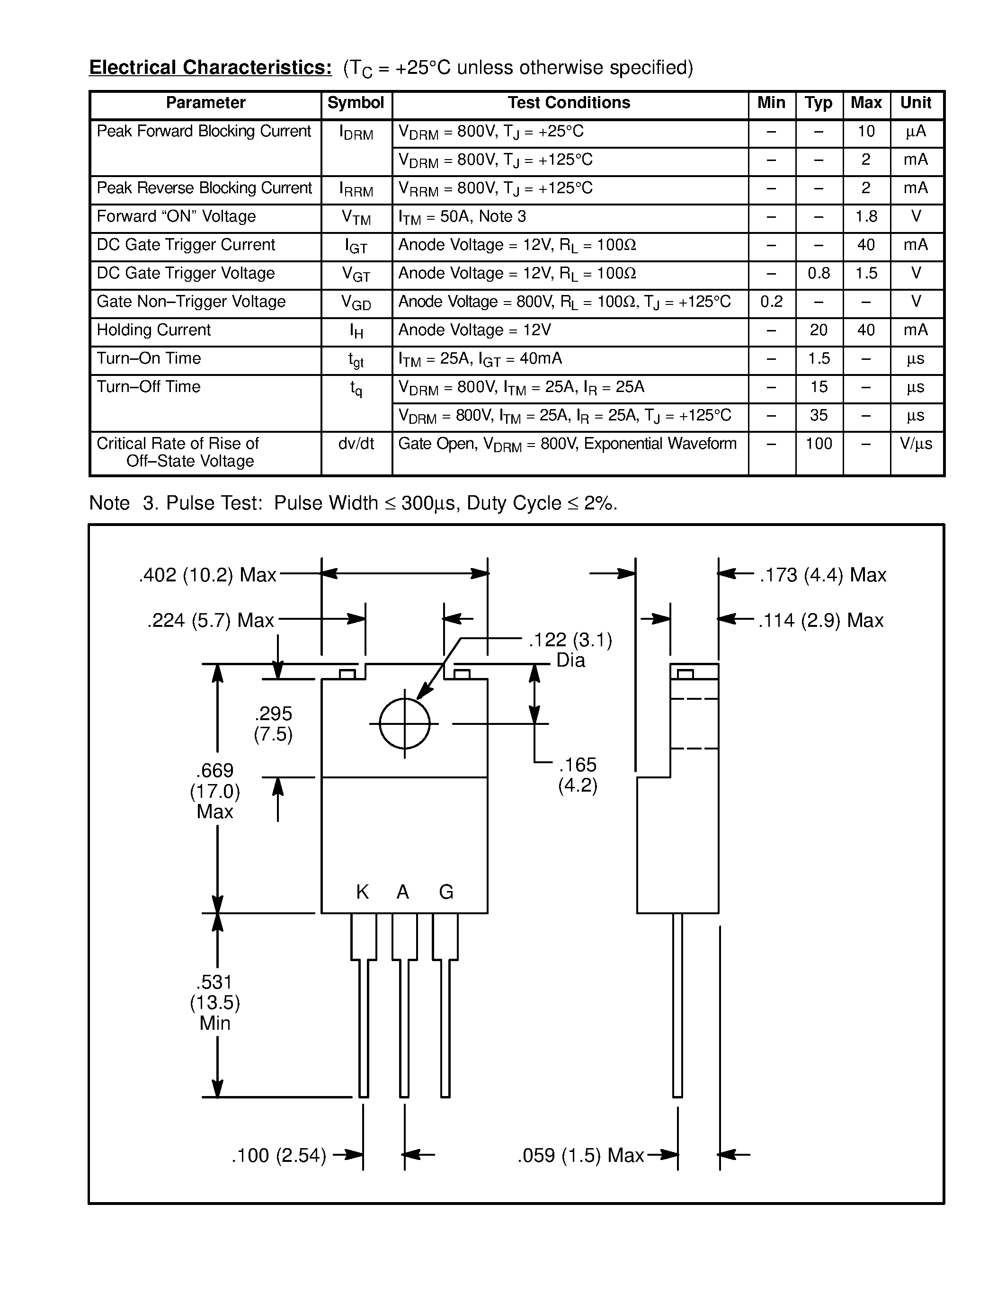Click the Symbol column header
(x=356, y=103)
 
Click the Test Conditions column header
(x=569, y=103)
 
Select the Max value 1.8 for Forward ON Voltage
(x=866, y=217)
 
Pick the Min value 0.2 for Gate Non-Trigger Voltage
(x=771, y=302)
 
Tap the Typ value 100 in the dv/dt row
(x=819, y=444)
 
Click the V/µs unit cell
(x=916, y=444)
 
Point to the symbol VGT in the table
(x=356, y=274)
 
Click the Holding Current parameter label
(x=154, y=330)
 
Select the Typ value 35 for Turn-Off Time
(x=819, y=416)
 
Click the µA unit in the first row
(x=916, y=132)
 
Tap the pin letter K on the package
(x=362, y=892)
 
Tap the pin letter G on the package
(x=446, y=892)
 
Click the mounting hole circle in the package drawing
(x=405, y=724)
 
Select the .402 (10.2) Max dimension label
(x=207, y=575)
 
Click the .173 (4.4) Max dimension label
(x=822, y=575)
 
